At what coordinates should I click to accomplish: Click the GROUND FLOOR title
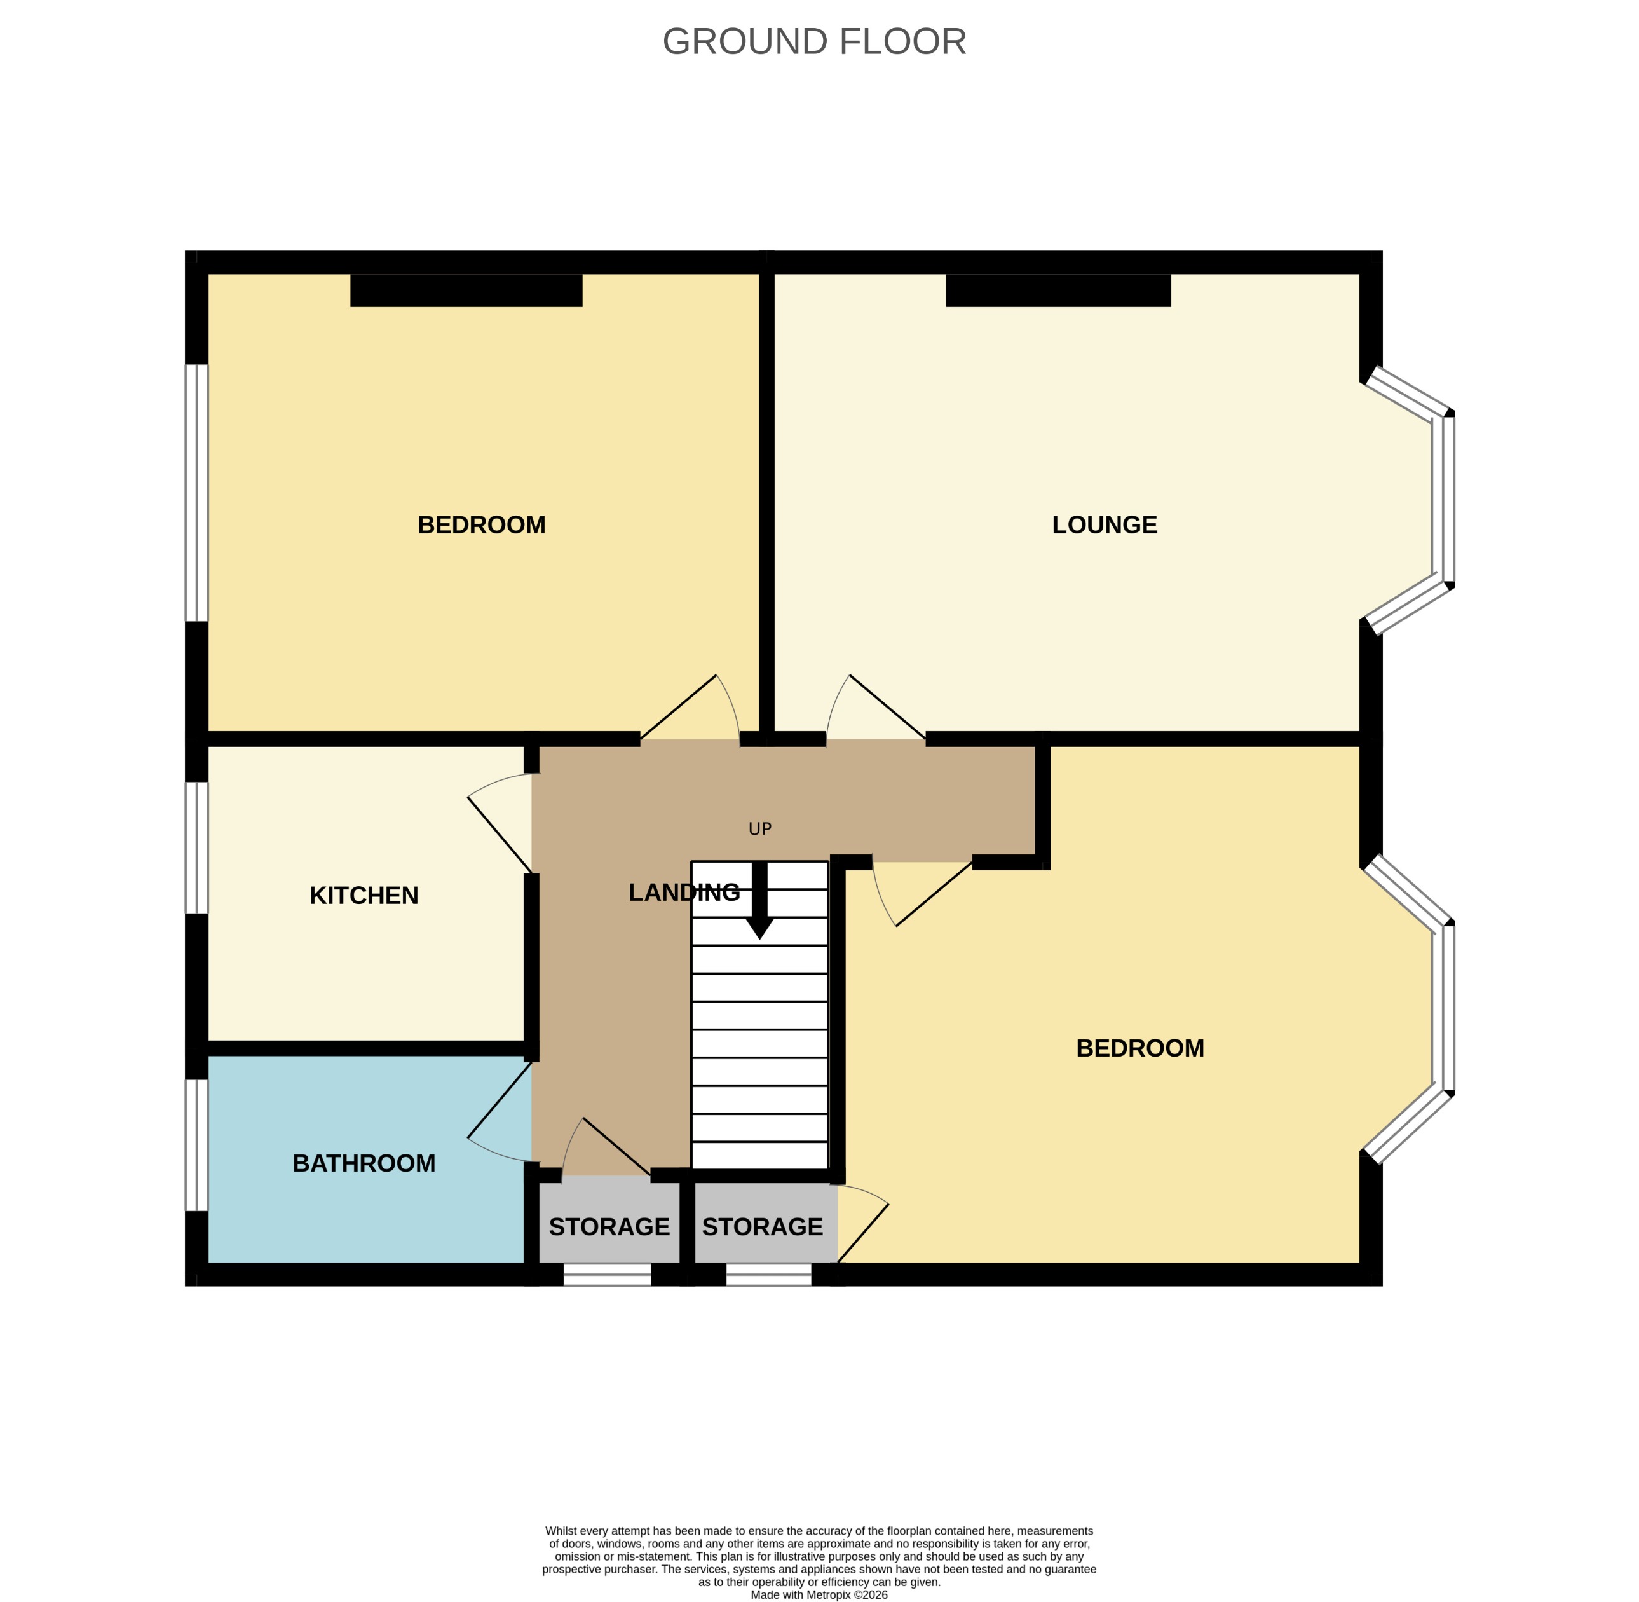813,41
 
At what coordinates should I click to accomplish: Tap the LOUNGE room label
1103,525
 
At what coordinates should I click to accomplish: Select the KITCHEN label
364,895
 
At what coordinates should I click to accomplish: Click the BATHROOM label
364,1163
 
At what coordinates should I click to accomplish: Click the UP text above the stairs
759,829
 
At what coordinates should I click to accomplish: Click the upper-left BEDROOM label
481,525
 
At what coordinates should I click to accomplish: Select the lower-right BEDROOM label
1139,1048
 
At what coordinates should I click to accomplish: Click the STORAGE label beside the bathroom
608,1227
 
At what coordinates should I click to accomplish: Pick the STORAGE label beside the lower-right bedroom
761,1227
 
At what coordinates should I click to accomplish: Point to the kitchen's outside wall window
196,848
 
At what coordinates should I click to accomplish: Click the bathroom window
196,1144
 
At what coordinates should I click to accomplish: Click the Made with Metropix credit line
819,1594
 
